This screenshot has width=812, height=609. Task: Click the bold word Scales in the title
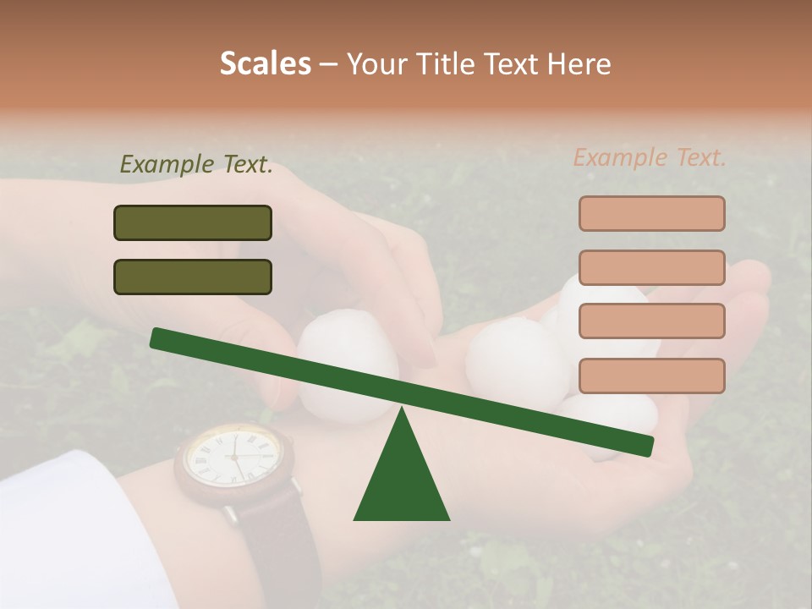[265, 63]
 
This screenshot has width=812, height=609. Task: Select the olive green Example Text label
[196, 164]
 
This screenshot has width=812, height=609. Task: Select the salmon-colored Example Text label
[650, 157]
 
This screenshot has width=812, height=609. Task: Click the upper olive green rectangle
[193, 222]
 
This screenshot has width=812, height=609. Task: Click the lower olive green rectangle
[193, 277]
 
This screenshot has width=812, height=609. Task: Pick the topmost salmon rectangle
[651, 213]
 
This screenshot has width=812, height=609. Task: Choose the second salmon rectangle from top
[651, 267]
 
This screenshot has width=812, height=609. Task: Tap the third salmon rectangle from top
[651, 321]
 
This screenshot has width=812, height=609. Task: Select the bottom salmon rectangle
[651, 376]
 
